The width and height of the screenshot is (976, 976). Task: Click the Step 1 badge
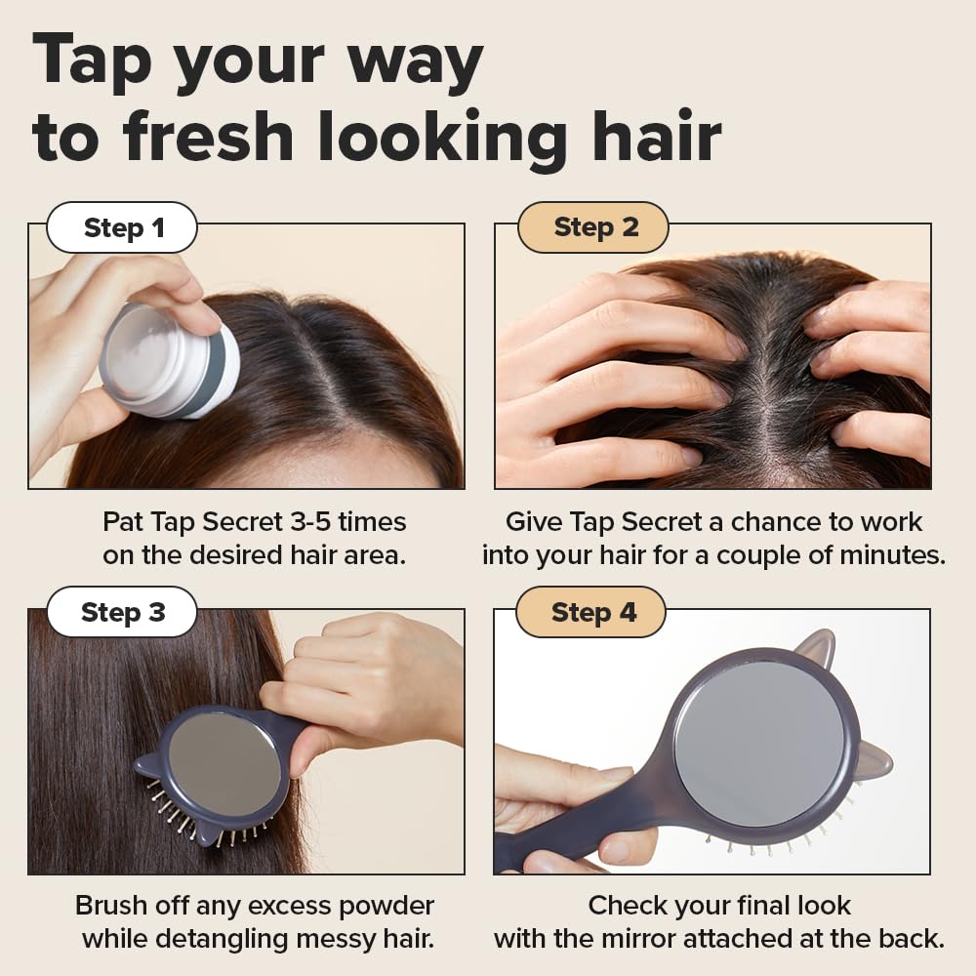coord(123,228)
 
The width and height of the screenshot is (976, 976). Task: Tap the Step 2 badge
coord(594,227)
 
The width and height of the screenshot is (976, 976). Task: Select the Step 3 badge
coord(123,613)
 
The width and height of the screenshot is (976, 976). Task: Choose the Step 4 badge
coord(592,613)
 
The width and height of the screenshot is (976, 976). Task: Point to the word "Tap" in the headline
coord(92,61)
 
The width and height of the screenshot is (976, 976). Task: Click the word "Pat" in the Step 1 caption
coord(124,522)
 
